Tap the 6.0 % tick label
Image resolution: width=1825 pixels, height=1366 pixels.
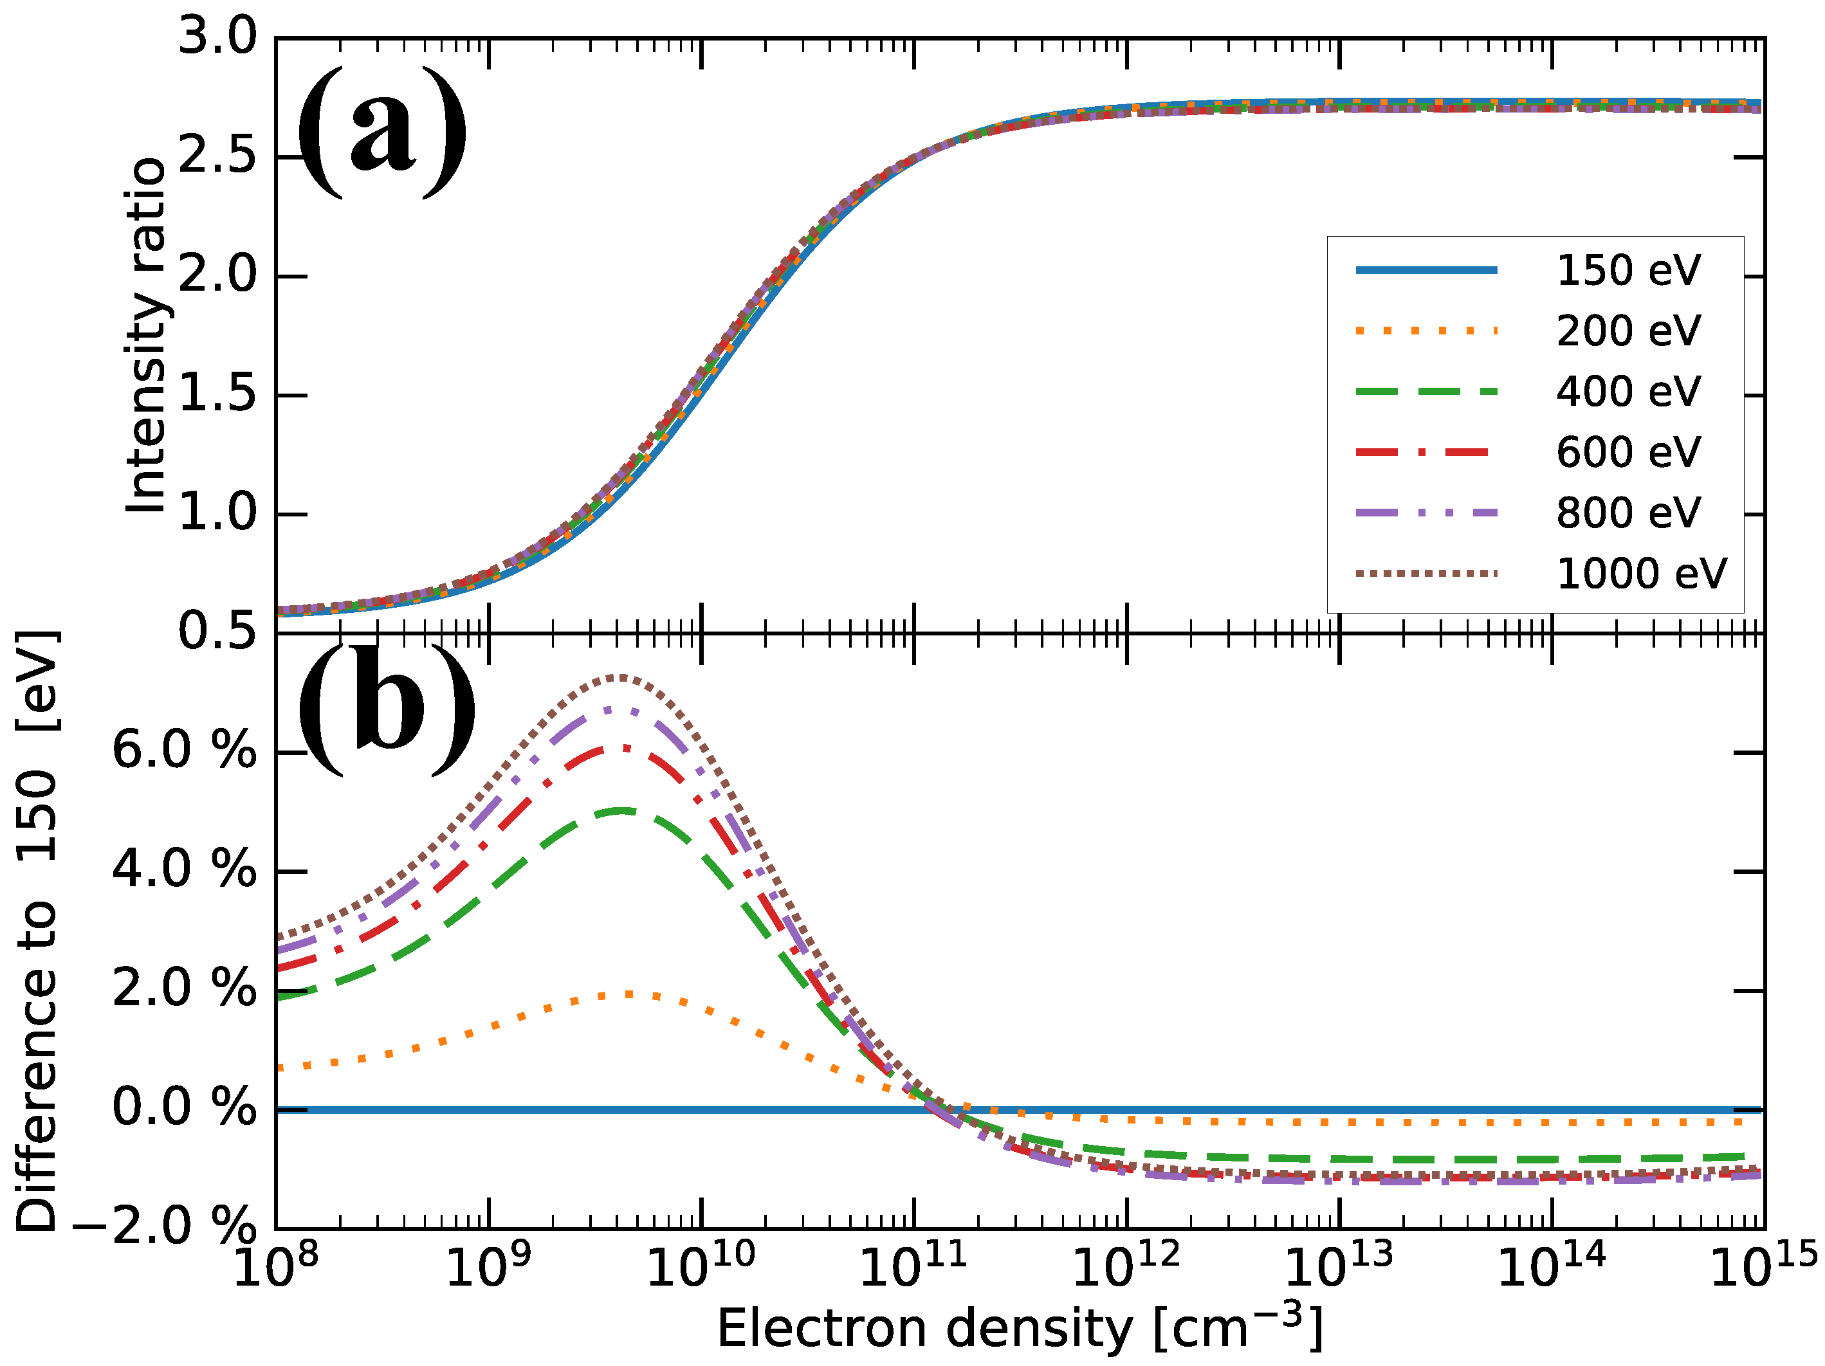tap(184, 751)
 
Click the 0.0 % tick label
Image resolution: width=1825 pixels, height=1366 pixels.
tap(184, 1108)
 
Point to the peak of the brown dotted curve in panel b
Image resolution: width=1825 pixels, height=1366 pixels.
tap(619, 677)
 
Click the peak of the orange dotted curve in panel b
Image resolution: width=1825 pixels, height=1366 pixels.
tap(627, 994)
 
